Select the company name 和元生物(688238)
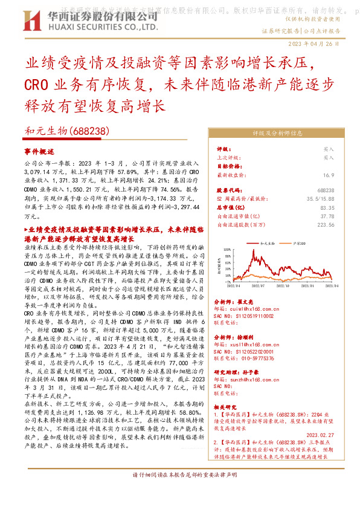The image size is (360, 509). coord(67,130)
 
